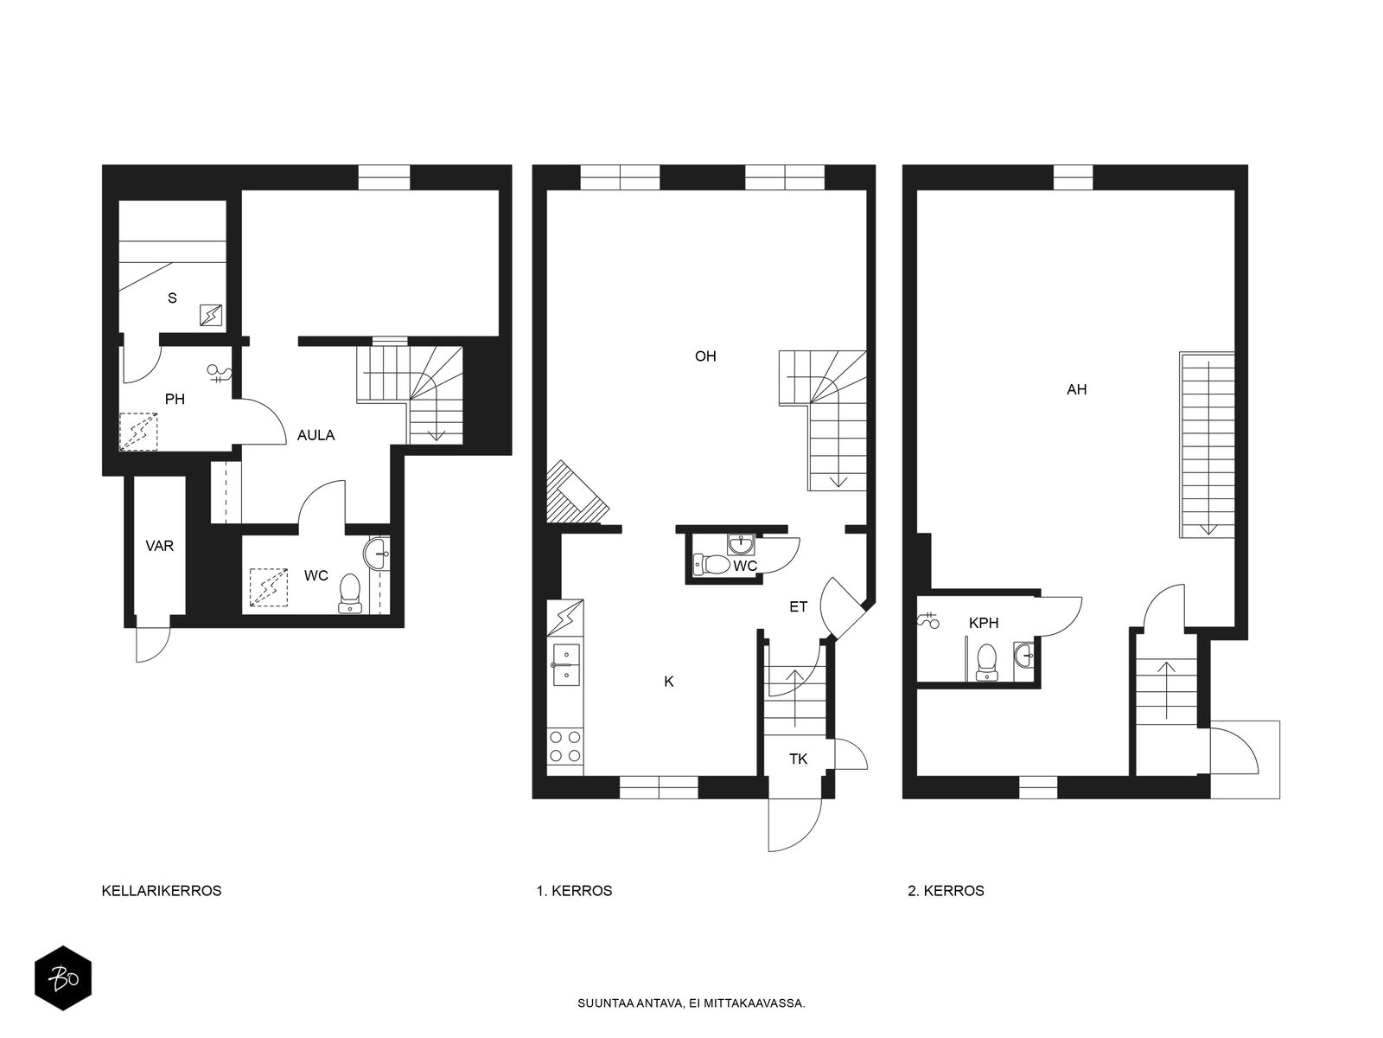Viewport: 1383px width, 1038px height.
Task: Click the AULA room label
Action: point(315,435)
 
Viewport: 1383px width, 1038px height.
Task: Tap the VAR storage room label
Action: point(160,546)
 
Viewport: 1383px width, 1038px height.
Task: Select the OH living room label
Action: point(705,356)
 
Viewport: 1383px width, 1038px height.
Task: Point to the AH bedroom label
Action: point(1076,389)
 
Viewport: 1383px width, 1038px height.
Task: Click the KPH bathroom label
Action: point(984,622)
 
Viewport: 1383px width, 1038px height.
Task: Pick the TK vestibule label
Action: point(798,759)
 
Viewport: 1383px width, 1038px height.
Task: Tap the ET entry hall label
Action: point(798,606)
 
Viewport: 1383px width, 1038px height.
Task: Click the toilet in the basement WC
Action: point(350,593)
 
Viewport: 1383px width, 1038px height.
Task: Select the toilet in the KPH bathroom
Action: point(985,663)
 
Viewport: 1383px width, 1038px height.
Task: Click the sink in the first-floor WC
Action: point(741,544)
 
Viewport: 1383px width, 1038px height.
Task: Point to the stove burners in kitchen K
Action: point(566,746)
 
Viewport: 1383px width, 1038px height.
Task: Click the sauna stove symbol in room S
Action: point(212,316)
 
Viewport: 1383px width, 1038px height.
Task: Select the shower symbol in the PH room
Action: point(221,374)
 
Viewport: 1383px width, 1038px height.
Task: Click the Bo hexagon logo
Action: point(63,978)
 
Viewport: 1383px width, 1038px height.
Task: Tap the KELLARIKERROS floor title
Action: point(162,890)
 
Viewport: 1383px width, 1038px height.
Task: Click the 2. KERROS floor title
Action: point(946,890)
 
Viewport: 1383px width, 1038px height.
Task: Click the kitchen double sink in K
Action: point(566,664)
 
